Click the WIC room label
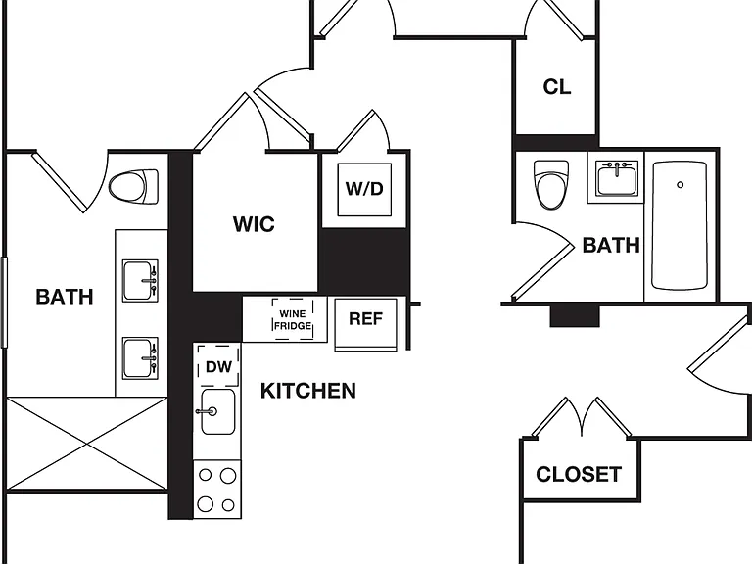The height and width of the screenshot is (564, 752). [254, 224]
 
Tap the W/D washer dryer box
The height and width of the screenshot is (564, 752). [364, 189]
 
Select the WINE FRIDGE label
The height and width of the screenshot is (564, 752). [293, 320]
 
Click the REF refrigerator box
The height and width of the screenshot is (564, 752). [365, 325]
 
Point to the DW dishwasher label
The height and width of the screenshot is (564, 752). [218, 367]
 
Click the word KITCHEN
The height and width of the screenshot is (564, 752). [308, 391]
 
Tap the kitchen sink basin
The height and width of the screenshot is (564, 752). [217, 411]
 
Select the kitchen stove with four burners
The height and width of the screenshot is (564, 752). [217, 490]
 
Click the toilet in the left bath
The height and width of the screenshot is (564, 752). [133, 186]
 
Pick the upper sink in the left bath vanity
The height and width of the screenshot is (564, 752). [140, 281]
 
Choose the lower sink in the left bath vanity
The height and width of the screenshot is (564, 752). [140, 358]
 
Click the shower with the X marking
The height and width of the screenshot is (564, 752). [87, 444]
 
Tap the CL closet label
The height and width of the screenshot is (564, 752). [557, 87]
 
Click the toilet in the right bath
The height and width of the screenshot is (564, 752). [551, 185]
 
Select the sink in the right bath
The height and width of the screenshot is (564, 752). [617, 178]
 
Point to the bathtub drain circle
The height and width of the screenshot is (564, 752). [681, 185]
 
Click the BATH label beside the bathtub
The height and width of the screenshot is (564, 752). [611, 245]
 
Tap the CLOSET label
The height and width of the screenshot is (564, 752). [579, 474]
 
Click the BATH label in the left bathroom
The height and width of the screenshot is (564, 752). [65, 297]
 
